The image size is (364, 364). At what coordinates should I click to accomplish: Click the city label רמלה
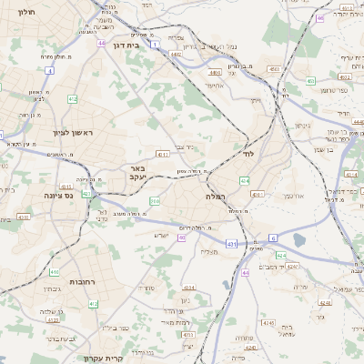click(x=216, y=195)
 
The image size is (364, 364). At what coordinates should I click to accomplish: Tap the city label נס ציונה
click(x=57, y=194)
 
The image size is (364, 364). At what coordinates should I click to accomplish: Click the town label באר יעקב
click(x=137, y=173)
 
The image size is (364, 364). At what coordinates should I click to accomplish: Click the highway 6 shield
click(x=273, y=238)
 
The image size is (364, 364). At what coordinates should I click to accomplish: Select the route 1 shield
click(x=156, y=44)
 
